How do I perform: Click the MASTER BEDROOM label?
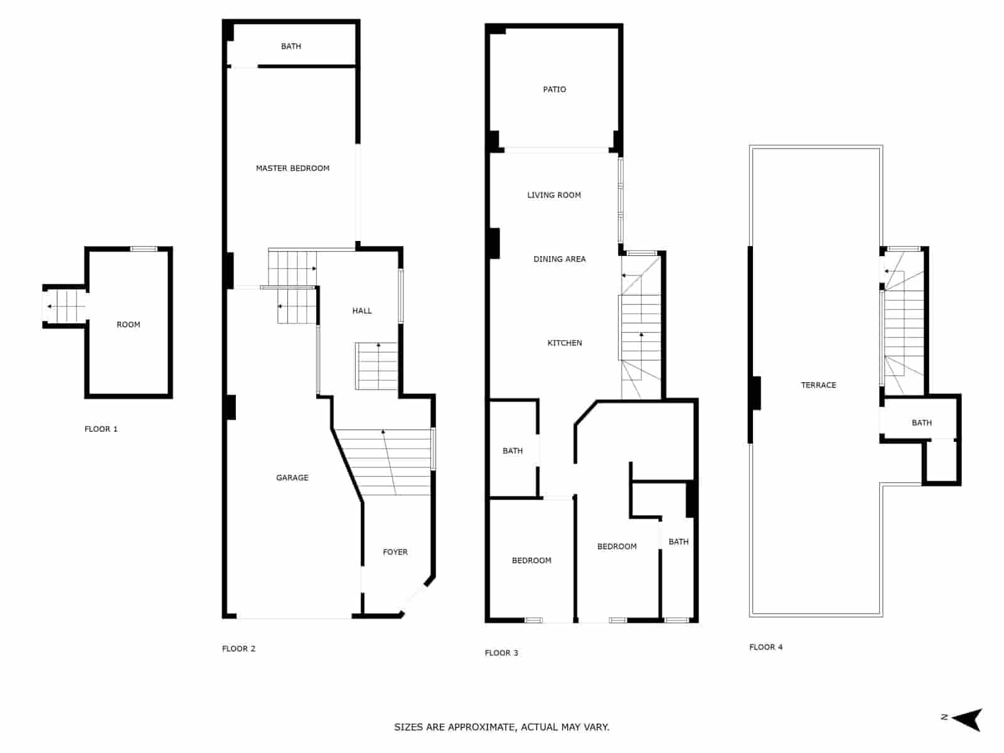click(x=292, y=168)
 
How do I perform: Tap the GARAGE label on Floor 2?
click(x=292, y=478)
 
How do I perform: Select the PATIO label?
click(x=554, y=90)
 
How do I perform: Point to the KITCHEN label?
click(x=565, y=343)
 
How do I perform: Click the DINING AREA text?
click(x=559, y=259)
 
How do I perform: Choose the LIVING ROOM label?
click(x=553, y=195)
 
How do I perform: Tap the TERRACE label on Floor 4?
click(x=818, y=385)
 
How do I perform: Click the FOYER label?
click(x=395, y=552)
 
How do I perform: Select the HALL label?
click(x=362, y=311)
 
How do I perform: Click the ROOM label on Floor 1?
click(x=128, y=325)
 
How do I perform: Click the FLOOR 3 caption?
click(x=501, y=653)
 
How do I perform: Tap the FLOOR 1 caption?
click(x=101, y=429)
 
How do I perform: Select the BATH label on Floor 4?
click(x=921, y=423)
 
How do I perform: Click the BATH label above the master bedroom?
click(x=291, y=46)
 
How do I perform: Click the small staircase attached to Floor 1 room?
click(x=65, y=307)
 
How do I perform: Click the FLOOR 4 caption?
click(x=766, y=647)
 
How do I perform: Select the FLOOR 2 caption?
click(x=238, y=649)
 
